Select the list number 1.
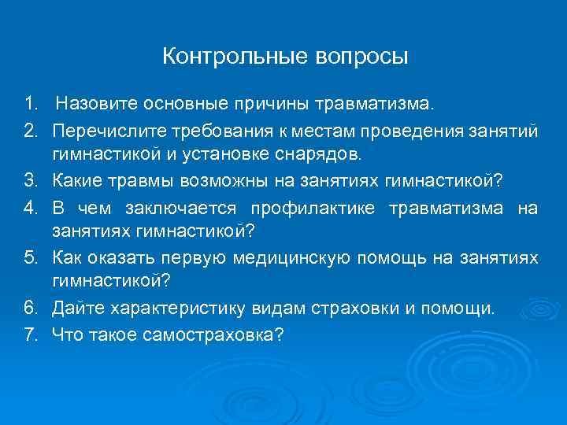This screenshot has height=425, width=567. click(30, 103)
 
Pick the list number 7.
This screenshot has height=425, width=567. click(30, 334)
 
